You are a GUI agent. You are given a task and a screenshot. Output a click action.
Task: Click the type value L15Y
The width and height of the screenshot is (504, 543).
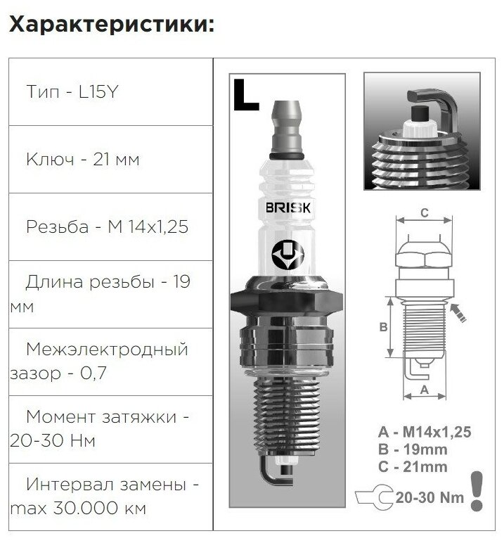coord(92,92)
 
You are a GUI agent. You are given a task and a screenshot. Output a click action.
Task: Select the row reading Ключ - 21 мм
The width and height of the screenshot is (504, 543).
coord(82,160)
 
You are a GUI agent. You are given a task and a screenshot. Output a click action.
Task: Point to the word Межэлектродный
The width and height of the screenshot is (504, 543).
coord(106,349)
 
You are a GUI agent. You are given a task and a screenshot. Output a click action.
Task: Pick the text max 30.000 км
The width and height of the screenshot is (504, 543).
coord(79,509)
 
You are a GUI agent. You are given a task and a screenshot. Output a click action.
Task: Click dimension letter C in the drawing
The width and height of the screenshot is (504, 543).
coord(424,212)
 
